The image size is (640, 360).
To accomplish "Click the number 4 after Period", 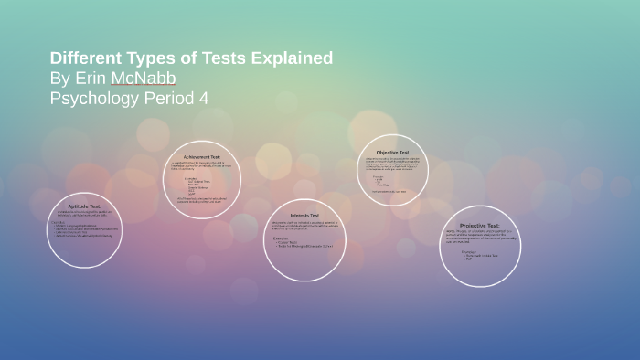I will [204, 99].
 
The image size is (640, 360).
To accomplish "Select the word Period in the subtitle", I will [169, 99].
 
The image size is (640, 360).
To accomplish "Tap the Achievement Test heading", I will [202, 157].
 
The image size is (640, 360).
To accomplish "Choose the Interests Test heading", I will [304, 214].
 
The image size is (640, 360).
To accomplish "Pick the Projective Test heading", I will [480, 225].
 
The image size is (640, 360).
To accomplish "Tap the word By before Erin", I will [59, 79].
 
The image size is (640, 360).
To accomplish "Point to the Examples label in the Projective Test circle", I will [467, 250].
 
